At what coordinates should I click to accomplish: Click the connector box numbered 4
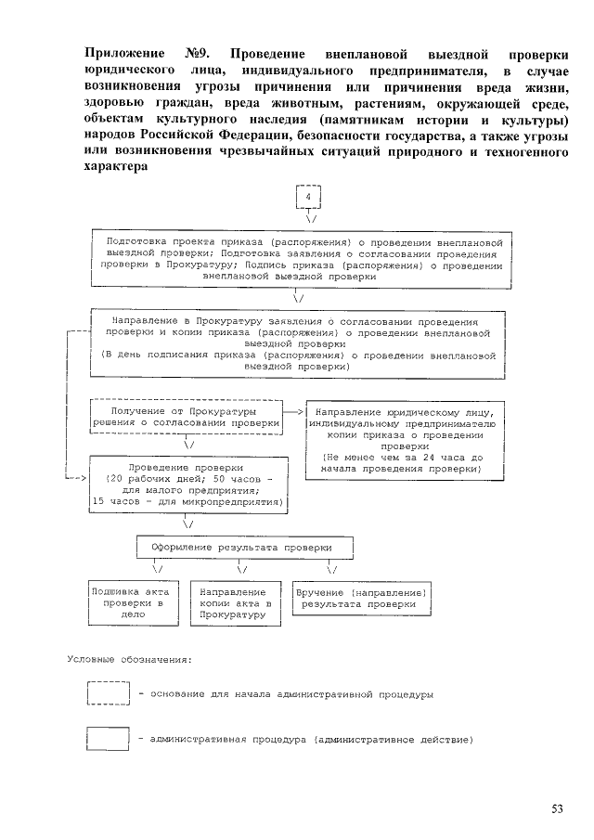coord(307,199)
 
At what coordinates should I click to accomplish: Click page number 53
coord(557,808)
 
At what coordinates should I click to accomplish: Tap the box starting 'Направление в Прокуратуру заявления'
coord(298,342)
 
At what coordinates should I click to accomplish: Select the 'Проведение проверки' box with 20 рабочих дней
coord(188,485)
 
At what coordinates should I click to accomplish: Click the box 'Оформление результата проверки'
coord(247,548)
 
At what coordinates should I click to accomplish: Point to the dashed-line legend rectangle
coord(107,693)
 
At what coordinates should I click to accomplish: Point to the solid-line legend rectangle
coord(107,740)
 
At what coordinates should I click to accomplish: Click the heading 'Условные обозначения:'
coord(130,660)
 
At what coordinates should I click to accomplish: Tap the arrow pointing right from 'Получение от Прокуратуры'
coord(294,410)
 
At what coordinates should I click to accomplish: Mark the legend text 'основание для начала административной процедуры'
coord(286,693)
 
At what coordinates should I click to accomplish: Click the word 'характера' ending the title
coord(115,168)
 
